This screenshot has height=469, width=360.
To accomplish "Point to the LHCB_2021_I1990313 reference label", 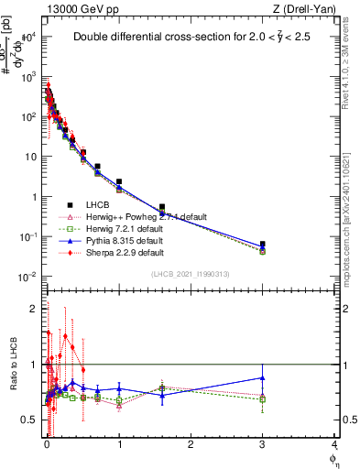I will click(x=191, y=274).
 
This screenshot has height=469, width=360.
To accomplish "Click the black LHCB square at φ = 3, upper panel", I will click(x=263, y=245).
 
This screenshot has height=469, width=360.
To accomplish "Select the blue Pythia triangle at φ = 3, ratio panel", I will click(x=263, y=377).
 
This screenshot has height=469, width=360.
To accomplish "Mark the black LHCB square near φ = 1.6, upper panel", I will click(x=162, y=207).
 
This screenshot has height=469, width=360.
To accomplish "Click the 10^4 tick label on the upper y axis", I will click(x=29, y=37).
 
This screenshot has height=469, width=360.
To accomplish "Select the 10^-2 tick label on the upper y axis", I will click(x=28, y=277).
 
